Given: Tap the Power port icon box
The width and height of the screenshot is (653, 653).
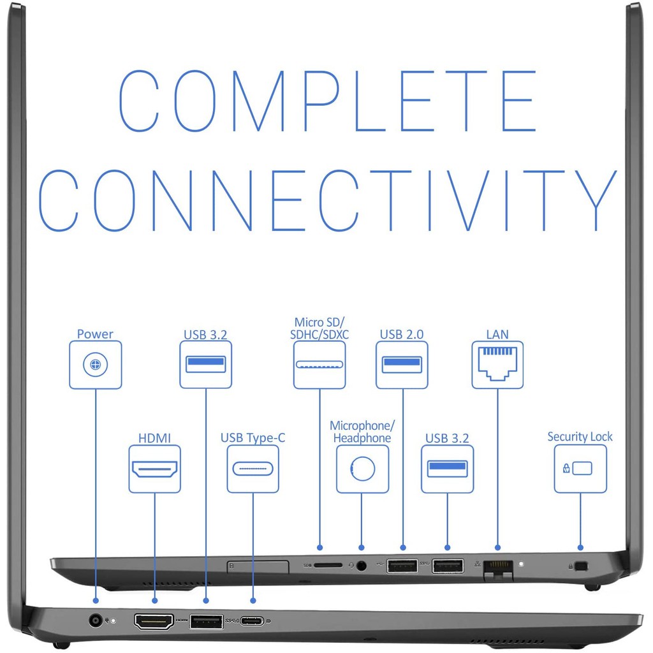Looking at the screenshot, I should (96, 365).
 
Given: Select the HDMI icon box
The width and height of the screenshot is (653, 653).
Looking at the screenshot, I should (154, 469).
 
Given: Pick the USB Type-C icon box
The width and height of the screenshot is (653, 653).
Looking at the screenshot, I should (253, 469).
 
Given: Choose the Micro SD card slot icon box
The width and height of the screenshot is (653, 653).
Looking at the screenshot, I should (319, 365).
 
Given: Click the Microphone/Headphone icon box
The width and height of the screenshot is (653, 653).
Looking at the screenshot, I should (362, 469).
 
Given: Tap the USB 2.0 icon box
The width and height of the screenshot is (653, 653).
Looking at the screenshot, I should (402, 365).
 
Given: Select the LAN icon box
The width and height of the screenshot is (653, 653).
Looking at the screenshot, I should (497, 365).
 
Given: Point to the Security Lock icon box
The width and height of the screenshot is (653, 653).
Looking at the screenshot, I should (580, 469).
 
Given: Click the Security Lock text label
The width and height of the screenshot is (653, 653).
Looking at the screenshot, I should (580, 437).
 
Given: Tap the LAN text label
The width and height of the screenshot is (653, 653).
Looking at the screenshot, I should (497, 334).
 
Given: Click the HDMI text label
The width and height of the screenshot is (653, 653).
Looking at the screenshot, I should (154, 438).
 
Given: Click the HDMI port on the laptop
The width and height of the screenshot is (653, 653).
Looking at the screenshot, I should (154, 620).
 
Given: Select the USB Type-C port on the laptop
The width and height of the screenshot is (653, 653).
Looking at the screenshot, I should (253, 620).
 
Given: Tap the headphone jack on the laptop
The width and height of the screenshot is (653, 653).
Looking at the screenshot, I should (362, 565).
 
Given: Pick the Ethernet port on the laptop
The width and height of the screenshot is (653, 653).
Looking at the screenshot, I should (498, 566).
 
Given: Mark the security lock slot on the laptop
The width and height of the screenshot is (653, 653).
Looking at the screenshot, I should (580, 566).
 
